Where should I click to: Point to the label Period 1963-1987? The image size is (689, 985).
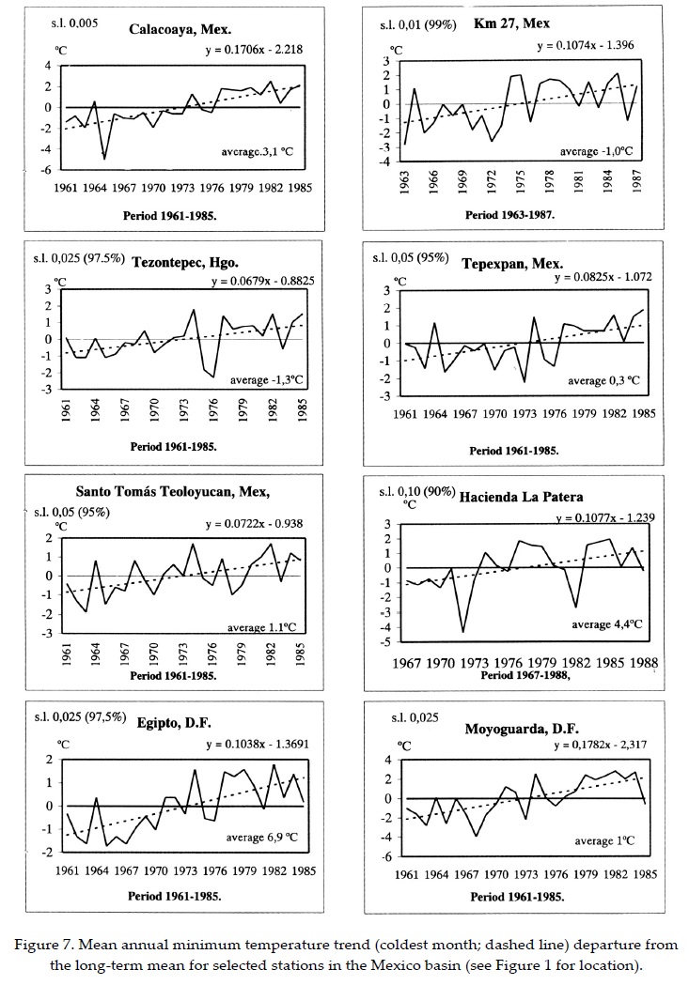tap(509, 214)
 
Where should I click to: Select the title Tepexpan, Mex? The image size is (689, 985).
tap(509, 264)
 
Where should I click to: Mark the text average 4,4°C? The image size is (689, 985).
tap(606, 624)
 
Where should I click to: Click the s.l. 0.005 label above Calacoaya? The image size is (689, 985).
tap(73, 21)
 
